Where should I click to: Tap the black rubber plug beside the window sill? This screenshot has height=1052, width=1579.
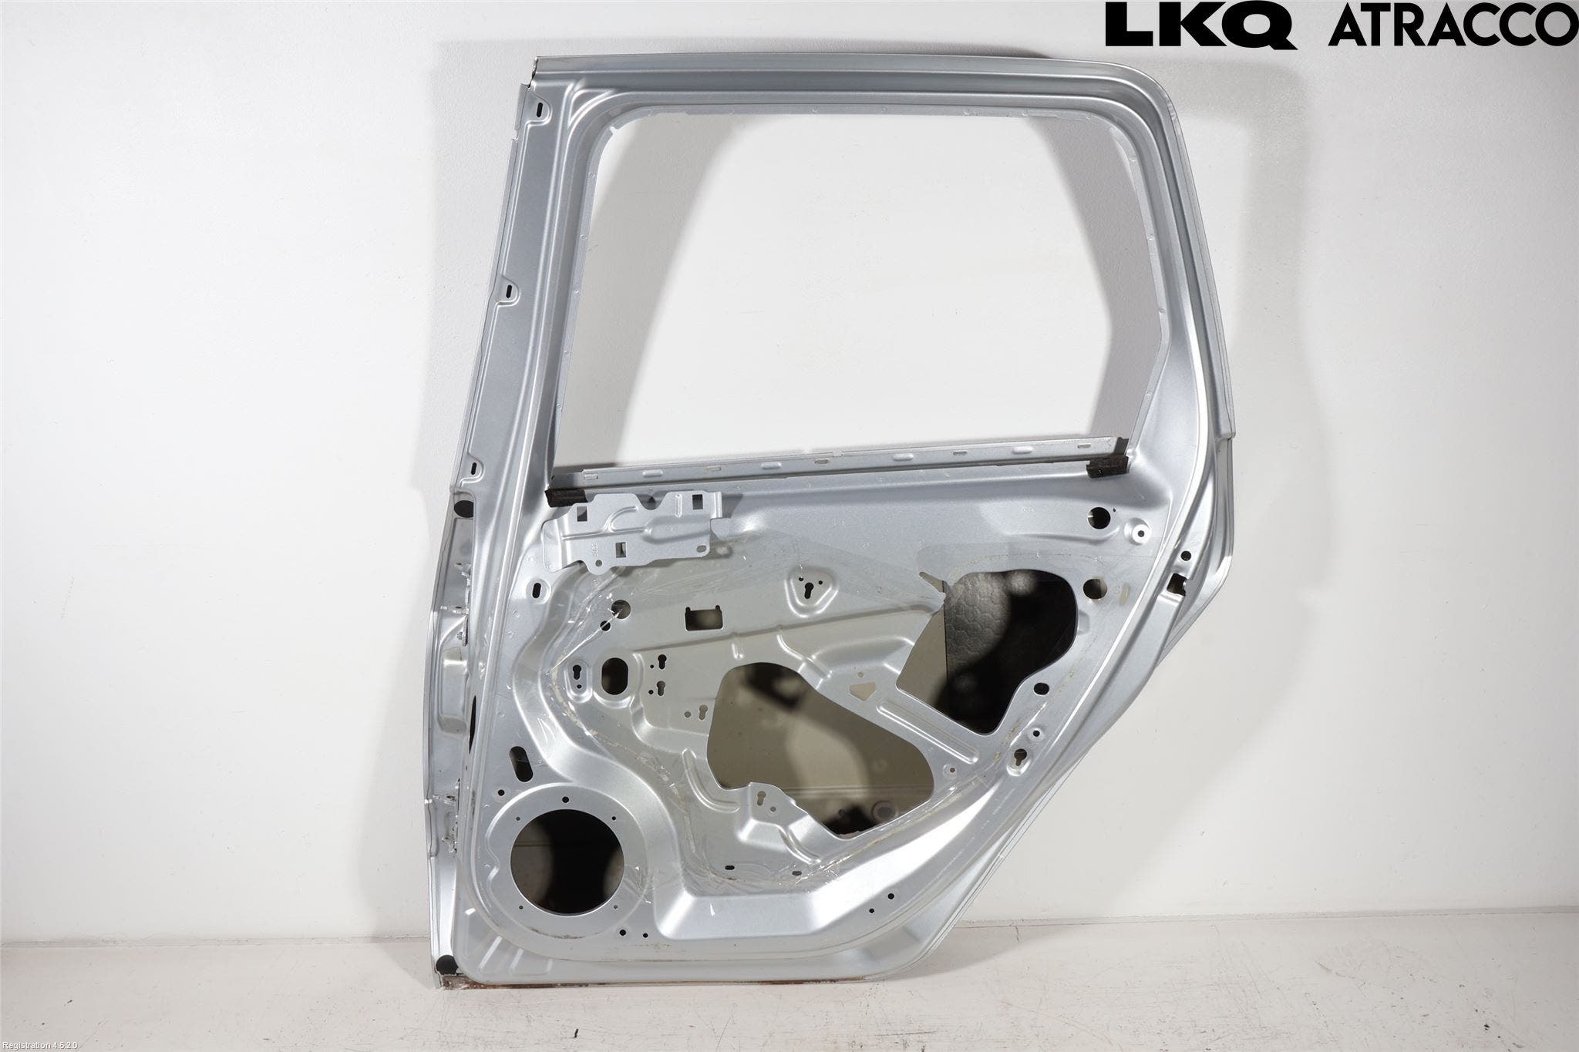click(464, 509)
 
